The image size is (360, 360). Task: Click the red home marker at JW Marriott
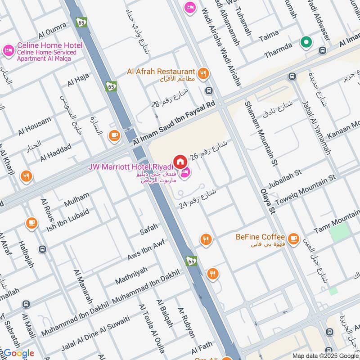tap(180, 161)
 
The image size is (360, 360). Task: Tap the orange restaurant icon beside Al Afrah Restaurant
tap(203, 73)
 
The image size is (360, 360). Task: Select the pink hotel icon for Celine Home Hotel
tap(8, 51)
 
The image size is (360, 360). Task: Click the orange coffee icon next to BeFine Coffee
tap(293, 238)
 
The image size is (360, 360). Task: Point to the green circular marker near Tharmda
tap(306, 42)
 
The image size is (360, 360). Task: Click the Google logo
tap(18, 353)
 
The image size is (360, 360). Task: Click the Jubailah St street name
tap(284, 179)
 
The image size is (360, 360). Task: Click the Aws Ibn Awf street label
tap(146, 249)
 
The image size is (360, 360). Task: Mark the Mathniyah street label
tap(131, 274)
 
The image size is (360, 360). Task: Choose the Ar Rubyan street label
tap(187, 323)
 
